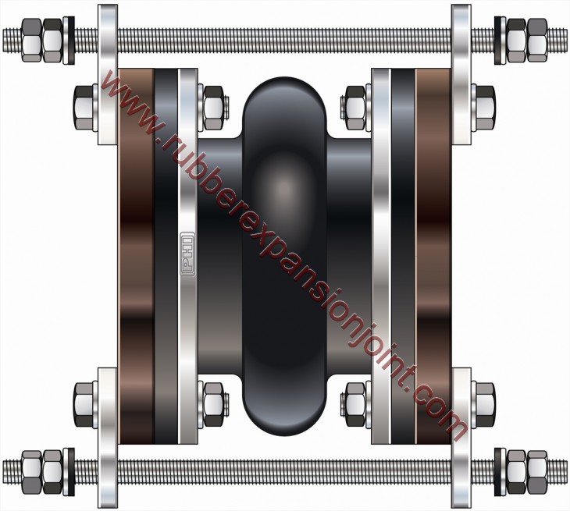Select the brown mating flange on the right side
point(434,257)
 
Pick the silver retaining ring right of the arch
point(381,257)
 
